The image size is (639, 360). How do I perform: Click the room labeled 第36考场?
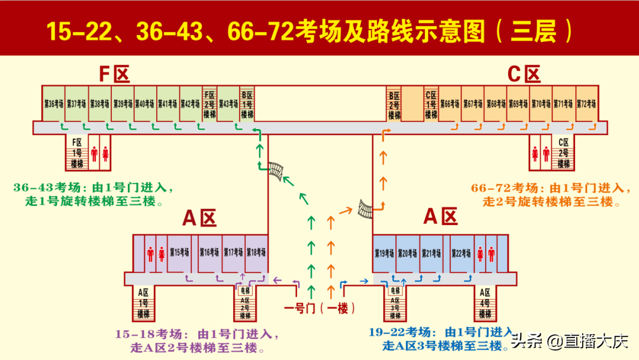[x=53, y=104]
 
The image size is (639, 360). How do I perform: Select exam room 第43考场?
[x=228, y=104]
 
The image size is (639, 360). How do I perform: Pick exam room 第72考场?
[x=586, y=104]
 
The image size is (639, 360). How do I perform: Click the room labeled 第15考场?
[x=179, y=253]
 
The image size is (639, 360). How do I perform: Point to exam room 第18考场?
[x=256, y=253]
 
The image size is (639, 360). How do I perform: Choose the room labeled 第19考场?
[x=384, y=253]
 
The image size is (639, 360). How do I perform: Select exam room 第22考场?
[x=461, y=253]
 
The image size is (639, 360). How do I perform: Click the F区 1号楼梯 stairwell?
[x=77, y=153]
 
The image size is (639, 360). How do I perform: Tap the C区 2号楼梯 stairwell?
[x=563, y=153]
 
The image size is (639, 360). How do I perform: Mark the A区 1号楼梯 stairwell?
[x=143, y=303]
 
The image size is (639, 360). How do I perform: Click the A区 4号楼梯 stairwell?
[x=485, y=303]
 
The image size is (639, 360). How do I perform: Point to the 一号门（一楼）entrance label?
[x=319, y=308]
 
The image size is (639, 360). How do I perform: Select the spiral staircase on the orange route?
[x=366, y=209]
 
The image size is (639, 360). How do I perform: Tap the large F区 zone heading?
[x=114, y=75]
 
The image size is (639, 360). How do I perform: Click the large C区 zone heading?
[x=524, y=75]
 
